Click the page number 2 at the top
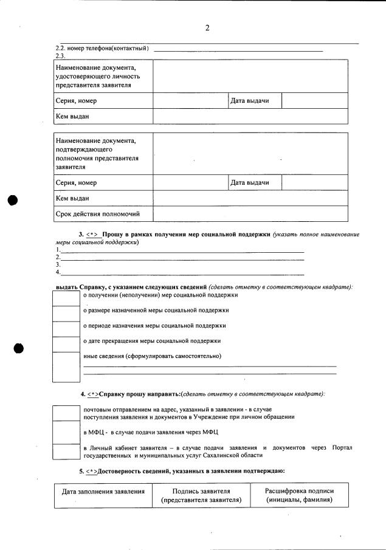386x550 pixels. (207, 27)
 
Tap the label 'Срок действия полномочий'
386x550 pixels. (98, 214)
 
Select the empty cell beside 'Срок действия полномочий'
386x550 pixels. (250, 214)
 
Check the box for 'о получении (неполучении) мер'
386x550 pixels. (66, 298)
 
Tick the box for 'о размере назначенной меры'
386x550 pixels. (66, 314)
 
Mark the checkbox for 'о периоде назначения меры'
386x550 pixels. (66, 329)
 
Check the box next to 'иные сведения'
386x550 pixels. (66, 366)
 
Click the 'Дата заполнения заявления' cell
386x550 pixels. (103, 495)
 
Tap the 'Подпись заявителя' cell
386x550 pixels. (201, 495)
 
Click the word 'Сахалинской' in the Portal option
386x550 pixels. (228, 455)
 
